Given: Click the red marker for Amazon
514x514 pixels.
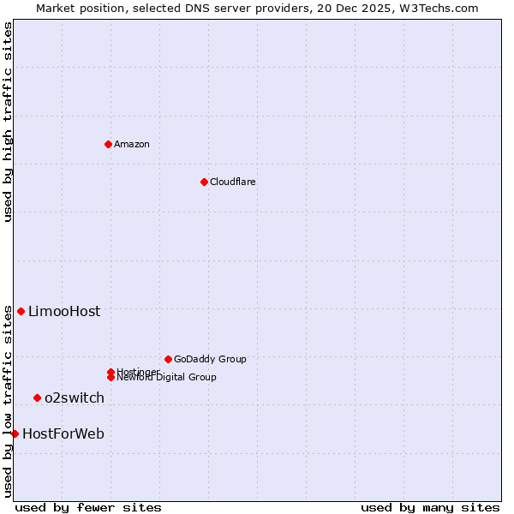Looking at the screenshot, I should click(108, 144).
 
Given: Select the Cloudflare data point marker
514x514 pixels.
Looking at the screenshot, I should click(204, 182).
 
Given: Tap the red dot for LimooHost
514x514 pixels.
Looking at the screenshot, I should click(21, 311).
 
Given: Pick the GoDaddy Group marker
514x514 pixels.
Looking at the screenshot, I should click(168, 359).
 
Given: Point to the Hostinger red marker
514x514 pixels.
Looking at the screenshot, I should click(111, 372).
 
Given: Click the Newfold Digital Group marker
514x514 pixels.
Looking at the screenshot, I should click(111, 377).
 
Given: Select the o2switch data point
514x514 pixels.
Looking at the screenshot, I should click(37, 397).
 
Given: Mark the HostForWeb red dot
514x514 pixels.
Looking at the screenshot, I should click(15, 433).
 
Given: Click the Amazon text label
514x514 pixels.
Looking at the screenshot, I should click(131, 144).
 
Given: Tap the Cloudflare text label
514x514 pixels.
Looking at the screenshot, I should click(232, 182).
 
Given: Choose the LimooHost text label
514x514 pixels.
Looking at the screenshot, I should click(64, 311).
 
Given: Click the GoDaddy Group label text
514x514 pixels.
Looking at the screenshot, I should click(210, 359).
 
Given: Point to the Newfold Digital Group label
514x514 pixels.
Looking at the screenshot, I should click(166, 377).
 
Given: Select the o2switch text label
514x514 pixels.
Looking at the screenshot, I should click(75, 397).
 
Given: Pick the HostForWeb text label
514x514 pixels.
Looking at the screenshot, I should click(63, 433).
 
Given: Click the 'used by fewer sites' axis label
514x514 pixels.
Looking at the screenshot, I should click(88, 507).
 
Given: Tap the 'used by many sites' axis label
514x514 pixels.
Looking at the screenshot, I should click(430, 507).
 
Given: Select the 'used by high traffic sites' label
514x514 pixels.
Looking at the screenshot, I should click(9, 123).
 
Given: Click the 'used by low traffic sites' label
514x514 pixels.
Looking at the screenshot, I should click(9, 401).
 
